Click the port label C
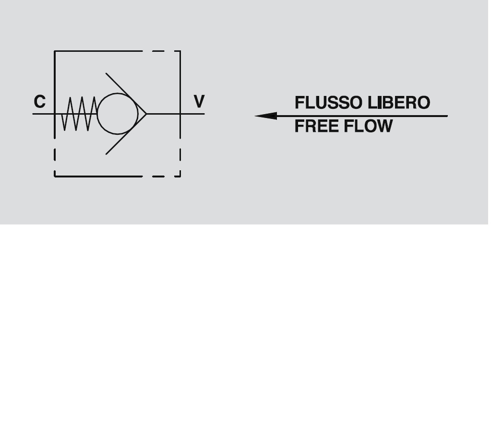click(40, 102)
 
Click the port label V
click(199, 102)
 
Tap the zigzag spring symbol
click(79, 114)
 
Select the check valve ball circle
click(117, 114)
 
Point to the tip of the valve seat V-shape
click(146, 114)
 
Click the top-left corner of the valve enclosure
click(55, 51)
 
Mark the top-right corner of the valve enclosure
click(180, 51)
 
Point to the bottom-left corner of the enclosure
click(55, 176)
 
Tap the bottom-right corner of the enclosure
click(180, 176)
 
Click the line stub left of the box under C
click(43, 114)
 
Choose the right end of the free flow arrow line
click(446, 116)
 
